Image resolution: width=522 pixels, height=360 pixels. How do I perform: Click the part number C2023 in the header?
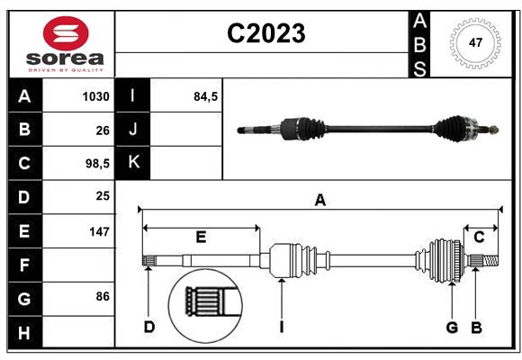265,34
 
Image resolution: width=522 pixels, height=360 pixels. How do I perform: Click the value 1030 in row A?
95,96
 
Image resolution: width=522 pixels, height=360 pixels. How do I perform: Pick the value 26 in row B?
102,130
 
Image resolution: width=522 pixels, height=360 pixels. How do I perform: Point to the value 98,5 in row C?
96,163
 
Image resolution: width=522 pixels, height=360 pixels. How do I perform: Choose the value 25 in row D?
102,195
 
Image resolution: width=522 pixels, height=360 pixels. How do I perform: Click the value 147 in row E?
98,231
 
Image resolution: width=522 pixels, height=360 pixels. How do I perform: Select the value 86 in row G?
102,296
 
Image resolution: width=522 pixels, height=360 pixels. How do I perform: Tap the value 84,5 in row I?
206,96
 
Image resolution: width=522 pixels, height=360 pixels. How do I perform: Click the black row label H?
23,333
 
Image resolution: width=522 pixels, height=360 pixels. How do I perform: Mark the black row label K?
133,163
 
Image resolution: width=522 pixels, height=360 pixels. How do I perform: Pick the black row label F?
23,265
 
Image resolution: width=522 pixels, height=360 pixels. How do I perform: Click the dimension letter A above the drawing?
319,201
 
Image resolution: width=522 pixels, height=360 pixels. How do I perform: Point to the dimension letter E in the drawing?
201,238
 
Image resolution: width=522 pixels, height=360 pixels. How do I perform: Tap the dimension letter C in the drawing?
480,238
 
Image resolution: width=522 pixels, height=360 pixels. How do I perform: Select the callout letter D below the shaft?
149,327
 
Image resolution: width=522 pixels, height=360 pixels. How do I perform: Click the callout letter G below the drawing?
452,327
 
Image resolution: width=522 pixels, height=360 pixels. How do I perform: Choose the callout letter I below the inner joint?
281,327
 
